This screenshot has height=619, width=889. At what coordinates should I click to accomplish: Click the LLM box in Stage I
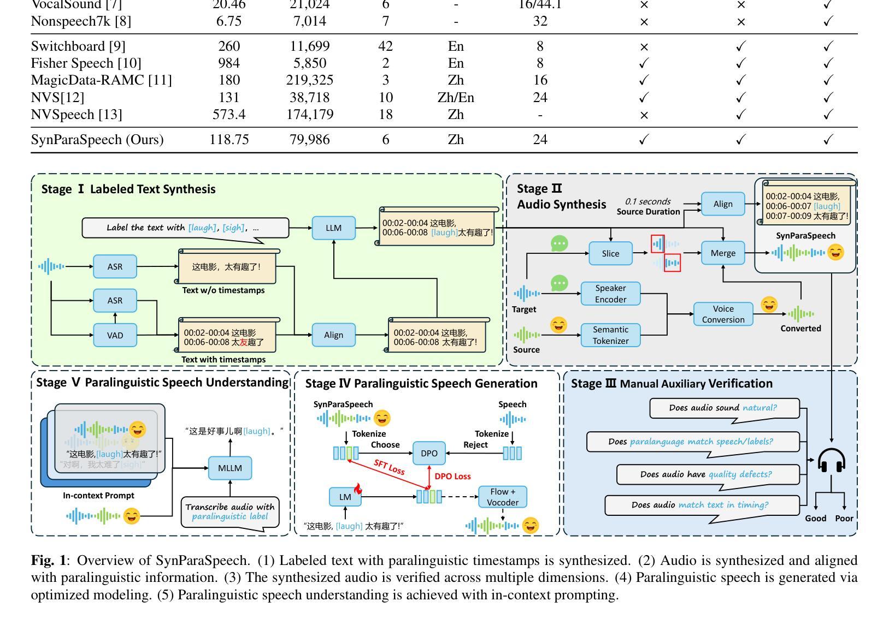pos(333,228)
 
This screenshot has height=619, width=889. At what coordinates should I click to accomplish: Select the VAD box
pos(115,335)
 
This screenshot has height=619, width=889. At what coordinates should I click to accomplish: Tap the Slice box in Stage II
pos(610,253)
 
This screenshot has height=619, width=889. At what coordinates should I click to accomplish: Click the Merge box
pos(723,253)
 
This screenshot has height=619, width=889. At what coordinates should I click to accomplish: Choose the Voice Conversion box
pos(723,314)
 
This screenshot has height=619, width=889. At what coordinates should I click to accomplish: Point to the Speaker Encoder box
pos(610,294)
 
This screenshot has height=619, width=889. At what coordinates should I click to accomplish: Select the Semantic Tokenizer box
pos(610,335)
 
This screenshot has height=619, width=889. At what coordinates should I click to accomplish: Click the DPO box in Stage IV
pos(429,453)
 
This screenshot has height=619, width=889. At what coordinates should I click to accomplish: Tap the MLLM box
pos(230,468)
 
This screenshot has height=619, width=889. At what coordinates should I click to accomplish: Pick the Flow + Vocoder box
pos(502,497)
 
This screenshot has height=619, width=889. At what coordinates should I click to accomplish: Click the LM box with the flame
pos(345,497)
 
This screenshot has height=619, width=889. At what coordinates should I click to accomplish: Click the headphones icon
pos(831,461)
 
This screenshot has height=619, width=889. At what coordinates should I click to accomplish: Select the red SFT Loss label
pos(389,467)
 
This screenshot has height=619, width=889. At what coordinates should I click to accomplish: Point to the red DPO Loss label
pos(452,477)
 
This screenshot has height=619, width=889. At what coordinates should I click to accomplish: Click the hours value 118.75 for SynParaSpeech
pos(229,140)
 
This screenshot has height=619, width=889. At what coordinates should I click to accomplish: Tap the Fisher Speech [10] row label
pos(86,63)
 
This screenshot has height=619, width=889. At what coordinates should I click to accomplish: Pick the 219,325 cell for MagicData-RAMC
pos(310,80)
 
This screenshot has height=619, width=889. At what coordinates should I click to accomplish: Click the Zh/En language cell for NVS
pos(456,98)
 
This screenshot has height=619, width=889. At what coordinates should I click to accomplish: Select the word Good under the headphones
pos(815,519)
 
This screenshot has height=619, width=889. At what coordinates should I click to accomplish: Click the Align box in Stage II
pos(723,204)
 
